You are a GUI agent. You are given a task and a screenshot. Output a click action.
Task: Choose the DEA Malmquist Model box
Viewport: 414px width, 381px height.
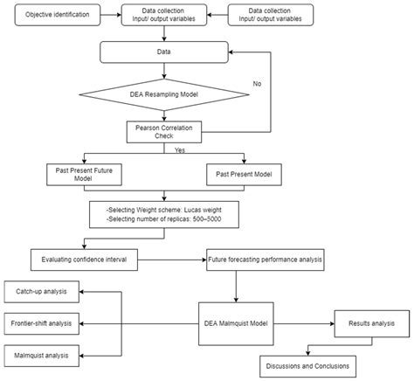pyautogui.click(x=234, y=322)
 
